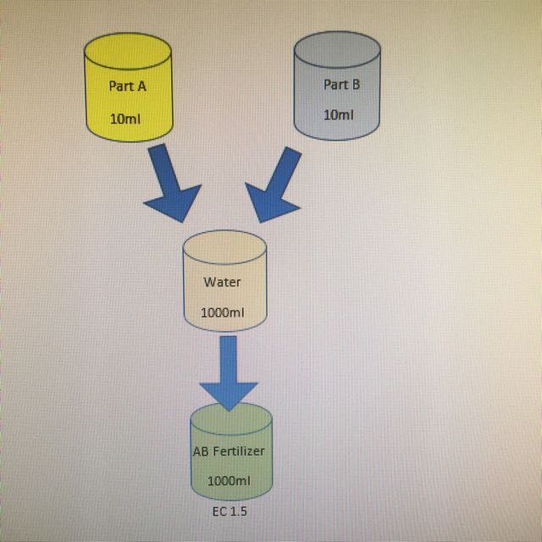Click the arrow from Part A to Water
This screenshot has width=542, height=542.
pos(169,185)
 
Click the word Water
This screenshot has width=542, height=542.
pos(222,282)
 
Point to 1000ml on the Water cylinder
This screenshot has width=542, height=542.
pos(223,312)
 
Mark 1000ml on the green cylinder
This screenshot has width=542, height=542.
pos(229,480)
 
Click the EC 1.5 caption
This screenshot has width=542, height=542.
pos(229,512)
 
